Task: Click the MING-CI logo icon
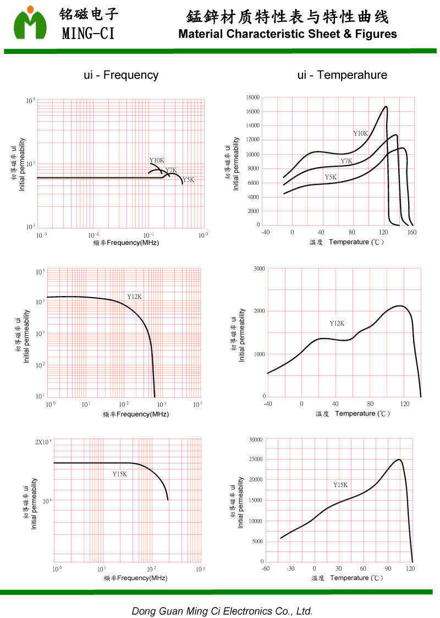[x=30, y=23]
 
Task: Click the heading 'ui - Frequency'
[x=121, y=75]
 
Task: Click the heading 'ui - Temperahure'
[x=342, y=75]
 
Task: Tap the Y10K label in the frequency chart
[x=157, y=161]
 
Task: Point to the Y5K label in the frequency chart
[x=189, y=180]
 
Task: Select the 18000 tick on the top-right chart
[x=252, y=97]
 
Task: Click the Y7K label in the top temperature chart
[x=346, y=161]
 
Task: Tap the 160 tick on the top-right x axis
[x=412, y=232]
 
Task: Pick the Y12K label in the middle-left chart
[x=135, y=297]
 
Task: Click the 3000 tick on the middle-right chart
[x=258, y=269]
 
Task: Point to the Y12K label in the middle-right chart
[x=337, y=323]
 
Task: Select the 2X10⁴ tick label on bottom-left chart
[x=44, y=442]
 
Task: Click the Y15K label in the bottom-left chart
[x=119, y=474]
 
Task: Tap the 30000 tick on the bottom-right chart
[x=256, y=439]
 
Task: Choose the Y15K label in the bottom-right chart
[x=340, y=485]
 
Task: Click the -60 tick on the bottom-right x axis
[x=265, y=568]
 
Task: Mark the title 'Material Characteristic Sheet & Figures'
[x=288, y=34]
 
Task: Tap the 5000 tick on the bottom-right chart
[x=257, y=542]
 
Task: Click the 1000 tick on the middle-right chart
[x=258, y=354]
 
